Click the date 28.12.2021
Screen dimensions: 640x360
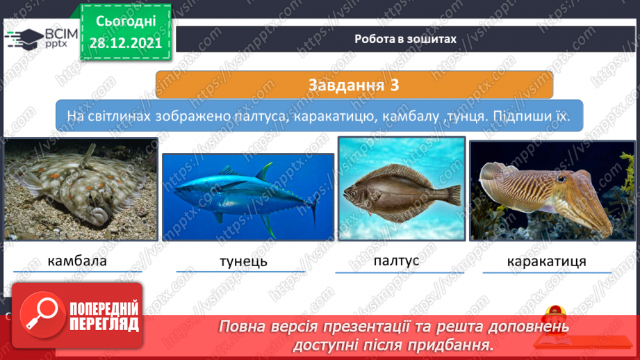126,43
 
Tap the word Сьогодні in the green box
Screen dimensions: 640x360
126,22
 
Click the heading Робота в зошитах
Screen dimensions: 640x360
405,39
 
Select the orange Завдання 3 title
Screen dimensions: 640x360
354,85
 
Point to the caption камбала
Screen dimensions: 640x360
77,261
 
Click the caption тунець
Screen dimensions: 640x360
243,261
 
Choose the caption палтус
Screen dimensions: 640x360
396,261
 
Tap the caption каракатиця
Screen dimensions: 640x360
546,261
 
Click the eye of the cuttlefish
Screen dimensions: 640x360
561,179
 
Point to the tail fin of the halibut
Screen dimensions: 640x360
454,195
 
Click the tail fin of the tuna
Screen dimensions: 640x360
314,208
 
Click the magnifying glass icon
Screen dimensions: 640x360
42,314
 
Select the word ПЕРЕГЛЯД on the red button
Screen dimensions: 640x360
104,325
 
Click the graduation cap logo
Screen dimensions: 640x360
25,39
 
